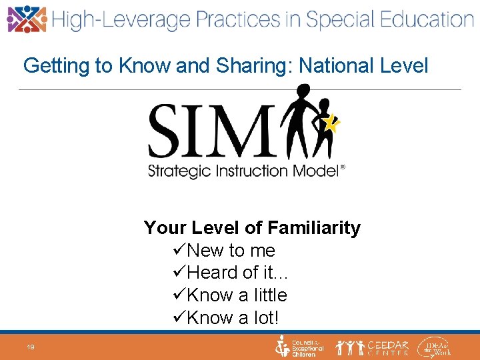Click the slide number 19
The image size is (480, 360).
click(31, 347)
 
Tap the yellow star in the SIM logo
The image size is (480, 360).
click(332, 123)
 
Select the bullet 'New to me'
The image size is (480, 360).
click(231, 251)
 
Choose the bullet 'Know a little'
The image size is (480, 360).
click(237, 295)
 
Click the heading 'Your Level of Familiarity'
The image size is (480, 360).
click(252, 228)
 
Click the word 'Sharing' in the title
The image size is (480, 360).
click(252, 66)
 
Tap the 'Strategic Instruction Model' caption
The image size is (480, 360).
click(245, 171)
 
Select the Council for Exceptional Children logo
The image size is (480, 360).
click(300, 347)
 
